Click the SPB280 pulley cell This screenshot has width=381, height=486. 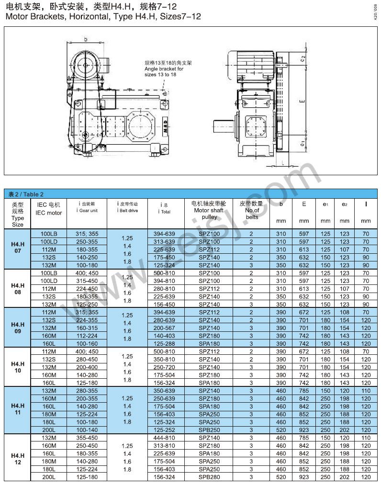pyautogui.click(x=209, y=477)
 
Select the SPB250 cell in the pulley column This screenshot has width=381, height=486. pyautogui.click(x=209, y=430)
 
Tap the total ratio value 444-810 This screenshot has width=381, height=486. pyautogui.click(x=164, y=438)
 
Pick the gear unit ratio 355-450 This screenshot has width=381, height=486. pyautogui.click(x=87, y=438)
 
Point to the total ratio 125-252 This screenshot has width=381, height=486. pyautogui.click(x=164, y=430)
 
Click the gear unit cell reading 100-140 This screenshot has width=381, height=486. pyautogui.click(x=87, y=430)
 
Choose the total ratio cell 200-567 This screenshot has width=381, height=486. pyautogui.click(x=164, y=328)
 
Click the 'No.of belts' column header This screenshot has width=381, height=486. pyautogui.click(x=252, y=210)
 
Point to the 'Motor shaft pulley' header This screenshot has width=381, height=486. pyautogui.click(x=209, y=210)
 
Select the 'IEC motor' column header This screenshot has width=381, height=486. pyautogui.click(x=48, y=213)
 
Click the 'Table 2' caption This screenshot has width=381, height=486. pyautogui.click(x=26, y=194)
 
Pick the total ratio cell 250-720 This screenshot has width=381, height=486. pyautogui.click(x=164, y=367)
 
